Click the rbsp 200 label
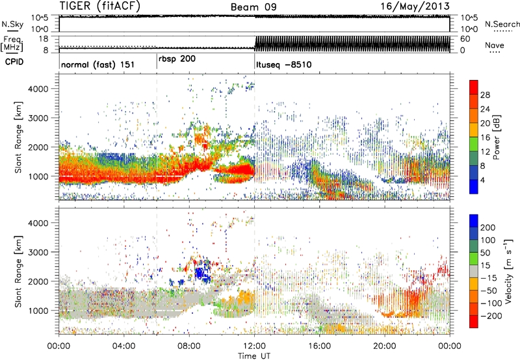177,58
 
